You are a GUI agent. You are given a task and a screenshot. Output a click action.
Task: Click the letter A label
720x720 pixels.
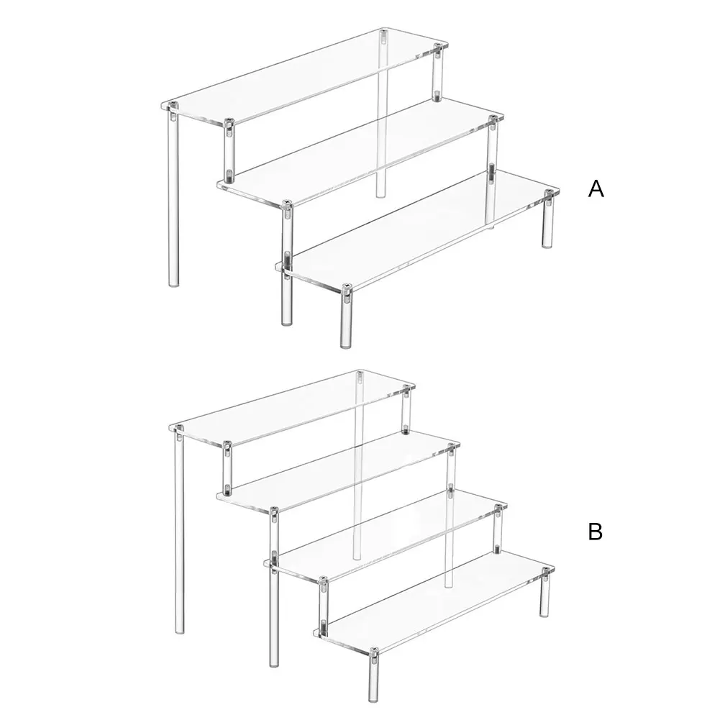(x=596, y=188)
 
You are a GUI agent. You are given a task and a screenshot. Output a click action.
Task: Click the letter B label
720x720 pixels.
(x=595, y=532)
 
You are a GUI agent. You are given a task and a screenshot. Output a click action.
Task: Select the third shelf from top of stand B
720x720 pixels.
(x=385, y=533)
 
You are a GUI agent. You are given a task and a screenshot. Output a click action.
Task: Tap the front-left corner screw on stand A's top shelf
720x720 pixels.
(x=173, y=106)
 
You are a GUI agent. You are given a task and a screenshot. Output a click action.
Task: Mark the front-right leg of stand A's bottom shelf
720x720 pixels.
(x=346, y=316)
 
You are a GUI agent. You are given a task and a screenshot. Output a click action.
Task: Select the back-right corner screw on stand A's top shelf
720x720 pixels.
(x=437, y=47)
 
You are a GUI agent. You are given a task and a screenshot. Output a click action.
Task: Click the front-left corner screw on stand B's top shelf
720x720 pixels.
(x=178, y=429)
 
